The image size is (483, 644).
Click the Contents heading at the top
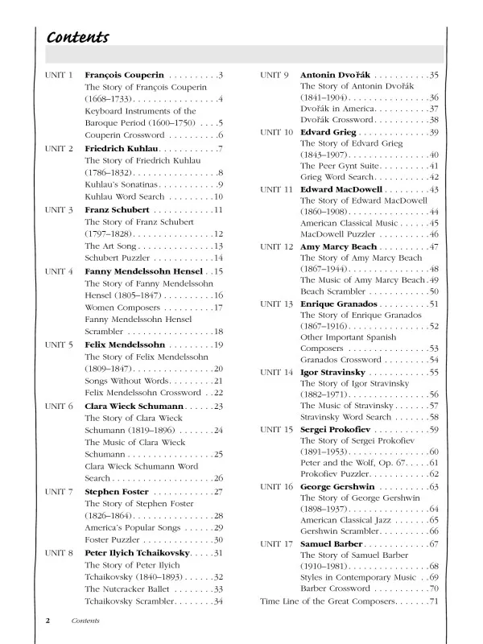(x=77, y=38)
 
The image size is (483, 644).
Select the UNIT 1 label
(x=59, y=76)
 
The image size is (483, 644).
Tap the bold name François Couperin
(x=124, y=76)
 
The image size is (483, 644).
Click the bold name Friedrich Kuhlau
(x=122, y=149)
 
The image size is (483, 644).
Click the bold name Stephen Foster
(x=118, y=491)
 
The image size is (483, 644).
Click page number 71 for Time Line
(x=434, y=601)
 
